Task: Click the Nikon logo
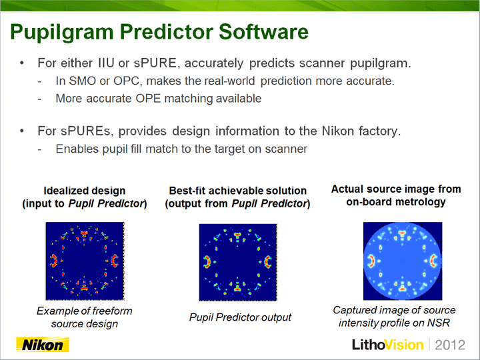[43, 345]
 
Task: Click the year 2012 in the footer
[450, 345]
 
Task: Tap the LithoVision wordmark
[387, 345]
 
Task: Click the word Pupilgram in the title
[62, 32]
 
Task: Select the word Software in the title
[263, 31]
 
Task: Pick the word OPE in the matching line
[149, 99]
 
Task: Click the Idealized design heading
[85, 191]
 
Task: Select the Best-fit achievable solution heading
[238, 191]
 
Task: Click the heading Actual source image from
[396, 189]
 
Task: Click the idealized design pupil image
[85, 261]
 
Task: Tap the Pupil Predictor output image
[238, 263]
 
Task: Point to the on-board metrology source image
[403, 261]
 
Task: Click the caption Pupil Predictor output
[240, 317]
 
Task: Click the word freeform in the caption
[113, 311]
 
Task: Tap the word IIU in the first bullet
[106, 63]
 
